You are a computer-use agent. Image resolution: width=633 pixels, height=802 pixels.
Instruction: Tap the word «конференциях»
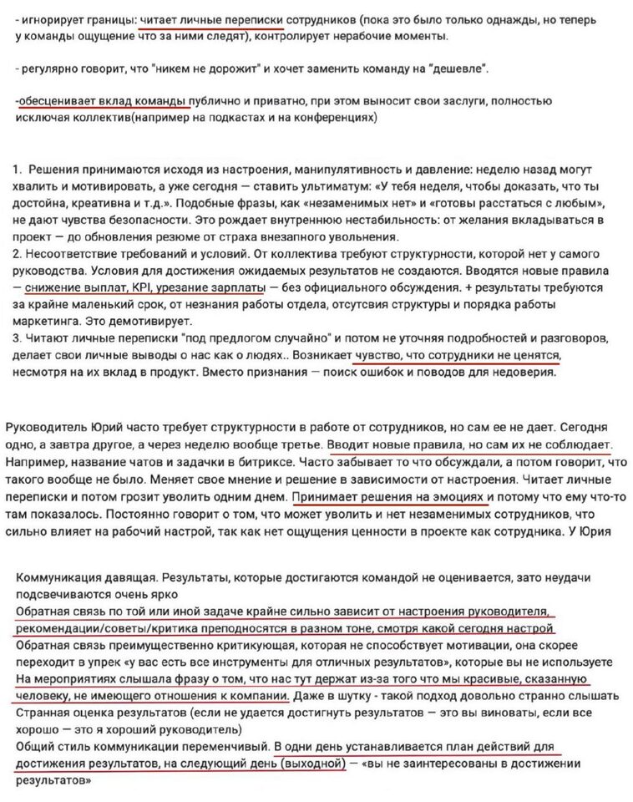[337, 117]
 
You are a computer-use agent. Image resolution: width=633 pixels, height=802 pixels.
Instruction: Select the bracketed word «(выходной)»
[313, 763]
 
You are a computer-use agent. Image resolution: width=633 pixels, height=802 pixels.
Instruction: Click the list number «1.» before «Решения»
[18, 170]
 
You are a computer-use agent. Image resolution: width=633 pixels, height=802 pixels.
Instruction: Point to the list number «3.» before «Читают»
[18, 338]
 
